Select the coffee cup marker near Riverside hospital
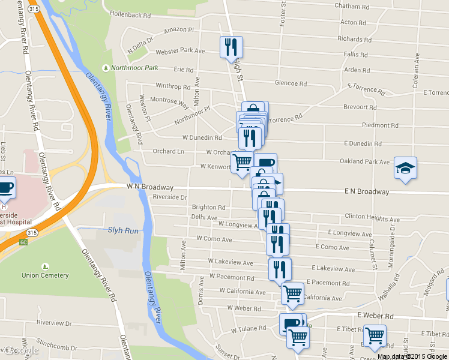point(5,188)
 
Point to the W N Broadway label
point(149,187)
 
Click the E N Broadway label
point(367,192)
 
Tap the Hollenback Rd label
point(130,14)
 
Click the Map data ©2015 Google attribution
point(412,356)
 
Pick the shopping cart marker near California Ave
point(292,294)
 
